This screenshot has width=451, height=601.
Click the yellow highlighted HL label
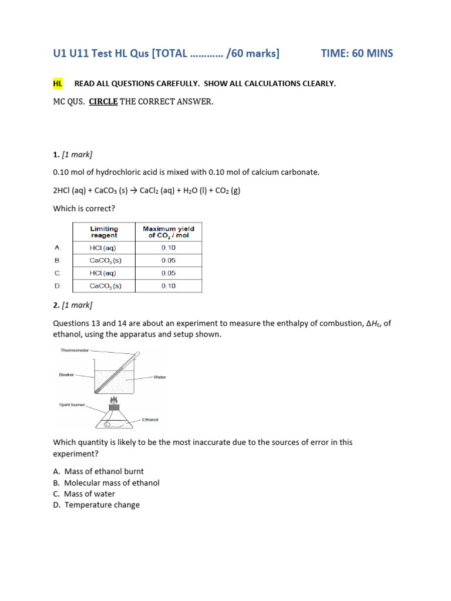pos(58,83)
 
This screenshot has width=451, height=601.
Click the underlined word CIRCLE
pos(103,102)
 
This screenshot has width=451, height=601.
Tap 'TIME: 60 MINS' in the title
pos(357,53)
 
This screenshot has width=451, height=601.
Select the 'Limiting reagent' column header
pos(104,232)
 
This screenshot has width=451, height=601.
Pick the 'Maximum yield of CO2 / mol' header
pos(169,232)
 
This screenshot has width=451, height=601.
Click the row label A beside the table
pos(58,248)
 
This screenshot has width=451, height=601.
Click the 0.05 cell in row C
pos(169,274)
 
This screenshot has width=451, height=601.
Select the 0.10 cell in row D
pos(169,286)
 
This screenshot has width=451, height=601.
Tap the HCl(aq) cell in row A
pos(104,248)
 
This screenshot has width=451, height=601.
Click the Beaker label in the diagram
pos(66,374)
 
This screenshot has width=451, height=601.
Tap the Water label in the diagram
pos(160,377)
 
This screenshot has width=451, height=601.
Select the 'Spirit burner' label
pos(72,404)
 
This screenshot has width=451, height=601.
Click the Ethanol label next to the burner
pos(150,420)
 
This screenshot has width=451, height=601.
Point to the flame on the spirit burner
pos(114,400)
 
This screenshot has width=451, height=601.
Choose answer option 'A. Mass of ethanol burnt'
pos(98,471)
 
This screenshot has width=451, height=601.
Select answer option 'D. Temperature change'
pos(96,505)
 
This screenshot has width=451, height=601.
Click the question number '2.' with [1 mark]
pos(56,305)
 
